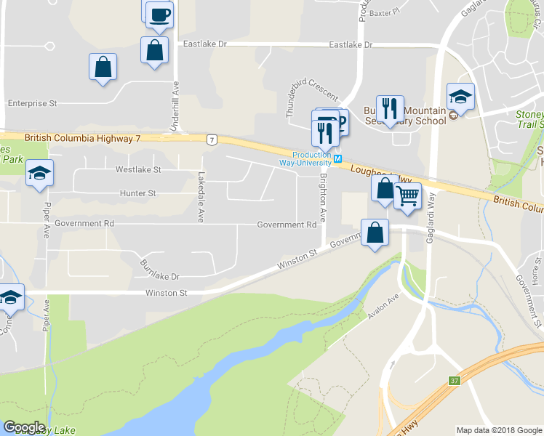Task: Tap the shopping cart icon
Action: (407, 195)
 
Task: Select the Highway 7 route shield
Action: (211, 140)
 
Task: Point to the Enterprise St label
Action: (32, 104)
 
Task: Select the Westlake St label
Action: (138, 169)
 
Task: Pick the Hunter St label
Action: (137, 193)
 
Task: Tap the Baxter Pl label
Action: (385, 12)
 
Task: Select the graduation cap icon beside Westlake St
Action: (39, 173)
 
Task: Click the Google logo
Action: (23, 427)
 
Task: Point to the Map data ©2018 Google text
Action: (498, 430)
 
